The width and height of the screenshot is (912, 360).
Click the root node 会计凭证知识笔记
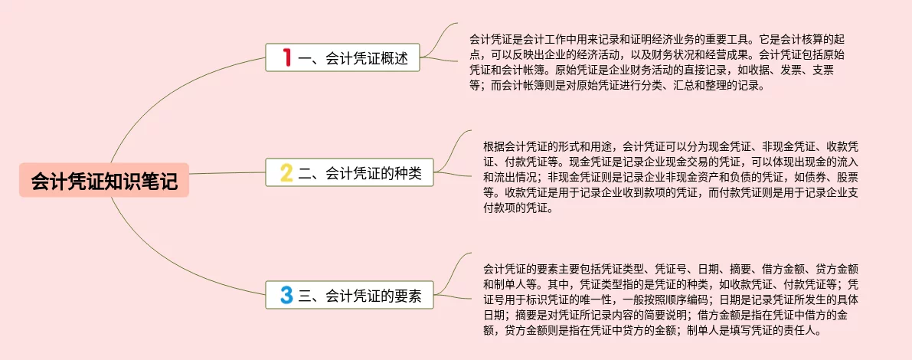[104, 180]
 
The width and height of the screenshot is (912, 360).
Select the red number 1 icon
[286, 57]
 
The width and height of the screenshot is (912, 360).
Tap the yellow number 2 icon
[286, 173]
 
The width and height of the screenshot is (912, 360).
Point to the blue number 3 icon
[286, 295]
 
